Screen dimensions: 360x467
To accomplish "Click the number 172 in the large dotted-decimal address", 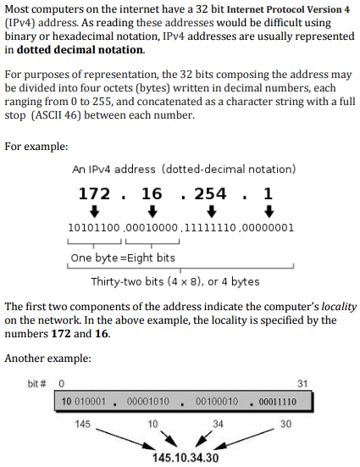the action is coord(94,193).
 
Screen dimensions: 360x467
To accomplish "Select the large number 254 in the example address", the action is coord(210,193).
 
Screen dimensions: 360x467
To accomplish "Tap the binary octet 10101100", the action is coord(94,228).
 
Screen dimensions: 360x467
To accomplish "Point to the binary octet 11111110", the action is coord(210,228).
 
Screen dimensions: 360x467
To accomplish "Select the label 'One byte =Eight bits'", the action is coord(123,258).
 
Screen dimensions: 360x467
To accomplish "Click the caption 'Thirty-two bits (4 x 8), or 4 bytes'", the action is coord(175,281).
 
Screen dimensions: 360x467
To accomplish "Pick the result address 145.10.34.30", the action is coord(185,458).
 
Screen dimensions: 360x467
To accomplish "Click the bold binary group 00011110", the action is coord(276,401).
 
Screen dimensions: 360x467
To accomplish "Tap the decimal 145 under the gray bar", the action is coord(83,422).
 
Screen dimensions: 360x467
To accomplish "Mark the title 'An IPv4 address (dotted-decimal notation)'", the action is coord(184,170).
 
